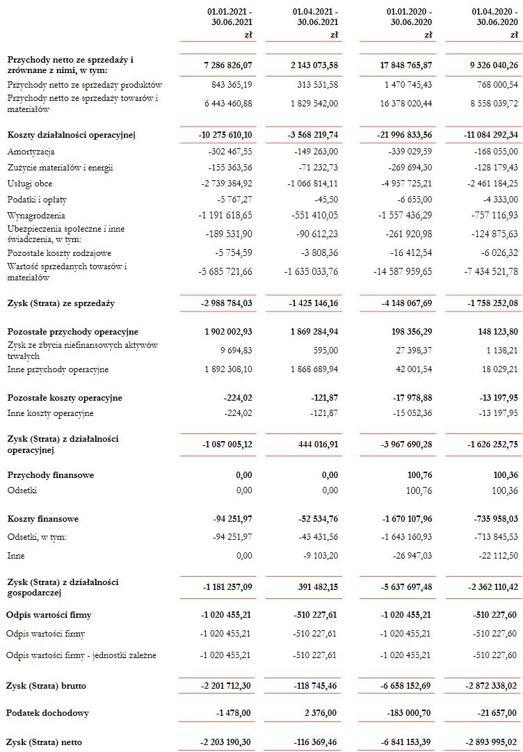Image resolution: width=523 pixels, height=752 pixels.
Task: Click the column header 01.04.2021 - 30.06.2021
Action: coord(316,17)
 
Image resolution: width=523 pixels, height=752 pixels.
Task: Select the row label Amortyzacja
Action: coord(31,152)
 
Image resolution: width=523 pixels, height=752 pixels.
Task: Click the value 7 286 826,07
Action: coord(227,65)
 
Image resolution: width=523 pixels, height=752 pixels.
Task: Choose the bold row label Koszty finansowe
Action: coord(42,519)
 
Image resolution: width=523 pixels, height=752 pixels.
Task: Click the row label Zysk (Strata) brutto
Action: coord(46,686)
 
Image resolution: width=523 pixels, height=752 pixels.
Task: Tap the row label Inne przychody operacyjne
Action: coord(58,369)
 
